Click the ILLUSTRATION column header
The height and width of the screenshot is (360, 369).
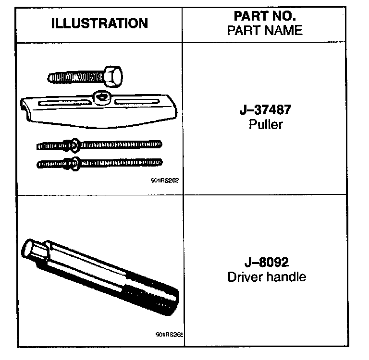point(100,24)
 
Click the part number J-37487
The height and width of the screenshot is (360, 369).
point(265,110)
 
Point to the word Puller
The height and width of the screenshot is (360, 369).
point(266,125)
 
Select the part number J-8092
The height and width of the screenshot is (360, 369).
point(266,263)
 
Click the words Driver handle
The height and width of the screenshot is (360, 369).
point(266,277)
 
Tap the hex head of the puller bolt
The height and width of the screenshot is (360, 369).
point(112,75)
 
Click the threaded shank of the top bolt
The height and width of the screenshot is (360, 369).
point(74,76)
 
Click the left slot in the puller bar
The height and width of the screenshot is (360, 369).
point(64,102)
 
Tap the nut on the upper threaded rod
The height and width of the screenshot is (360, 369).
point(74,144)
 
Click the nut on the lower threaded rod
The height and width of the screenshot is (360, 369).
point(74,163)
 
